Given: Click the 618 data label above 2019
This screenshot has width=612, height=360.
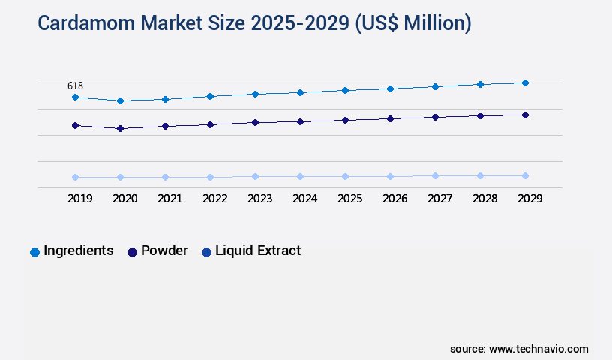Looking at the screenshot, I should click(x=75, y=86).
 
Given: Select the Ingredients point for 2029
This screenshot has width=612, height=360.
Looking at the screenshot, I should click(x=525, y=82).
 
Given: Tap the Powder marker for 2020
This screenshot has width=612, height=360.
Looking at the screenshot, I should click(x=120, y=128).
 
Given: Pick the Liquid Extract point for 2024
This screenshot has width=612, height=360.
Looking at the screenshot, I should click(x=300, y=176).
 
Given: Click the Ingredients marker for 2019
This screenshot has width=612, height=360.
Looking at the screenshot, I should click(x=75, y=97).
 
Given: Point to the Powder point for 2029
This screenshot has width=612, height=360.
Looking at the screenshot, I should click(x=525, y=115).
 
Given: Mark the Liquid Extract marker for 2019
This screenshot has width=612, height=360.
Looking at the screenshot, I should click(x=75, y=177).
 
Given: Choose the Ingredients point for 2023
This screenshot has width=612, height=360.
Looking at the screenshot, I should click(x=255, y=94).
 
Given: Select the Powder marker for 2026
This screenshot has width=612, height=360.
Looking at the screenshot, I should click(x=390, y=118).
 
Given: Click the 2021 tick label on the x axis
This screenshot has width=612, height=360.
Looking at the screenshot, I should click(x=169, y=199).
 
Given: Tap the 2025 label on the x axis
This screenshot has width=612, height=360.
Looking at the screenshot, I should click(x=349, y=199).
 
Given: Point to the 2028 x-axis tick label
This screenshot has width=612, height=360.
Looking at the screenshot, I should click(x=484, y=199).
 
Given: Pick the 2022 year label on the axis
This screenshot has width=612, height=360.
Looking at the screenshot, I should click(x=214, y=199).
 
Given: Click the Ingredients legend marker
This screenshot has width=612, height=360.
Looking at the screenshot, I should click(x=34, y=252).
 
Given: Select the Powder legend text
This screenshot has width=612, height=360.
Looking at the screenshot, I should click(x=164, y=250).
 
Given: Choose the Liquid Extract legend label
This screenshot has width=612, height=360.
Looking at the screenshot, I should click(x=258, y=250).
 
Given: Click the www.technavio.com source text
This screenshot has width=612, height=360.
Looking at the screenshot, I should click(x=538, y=349).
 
